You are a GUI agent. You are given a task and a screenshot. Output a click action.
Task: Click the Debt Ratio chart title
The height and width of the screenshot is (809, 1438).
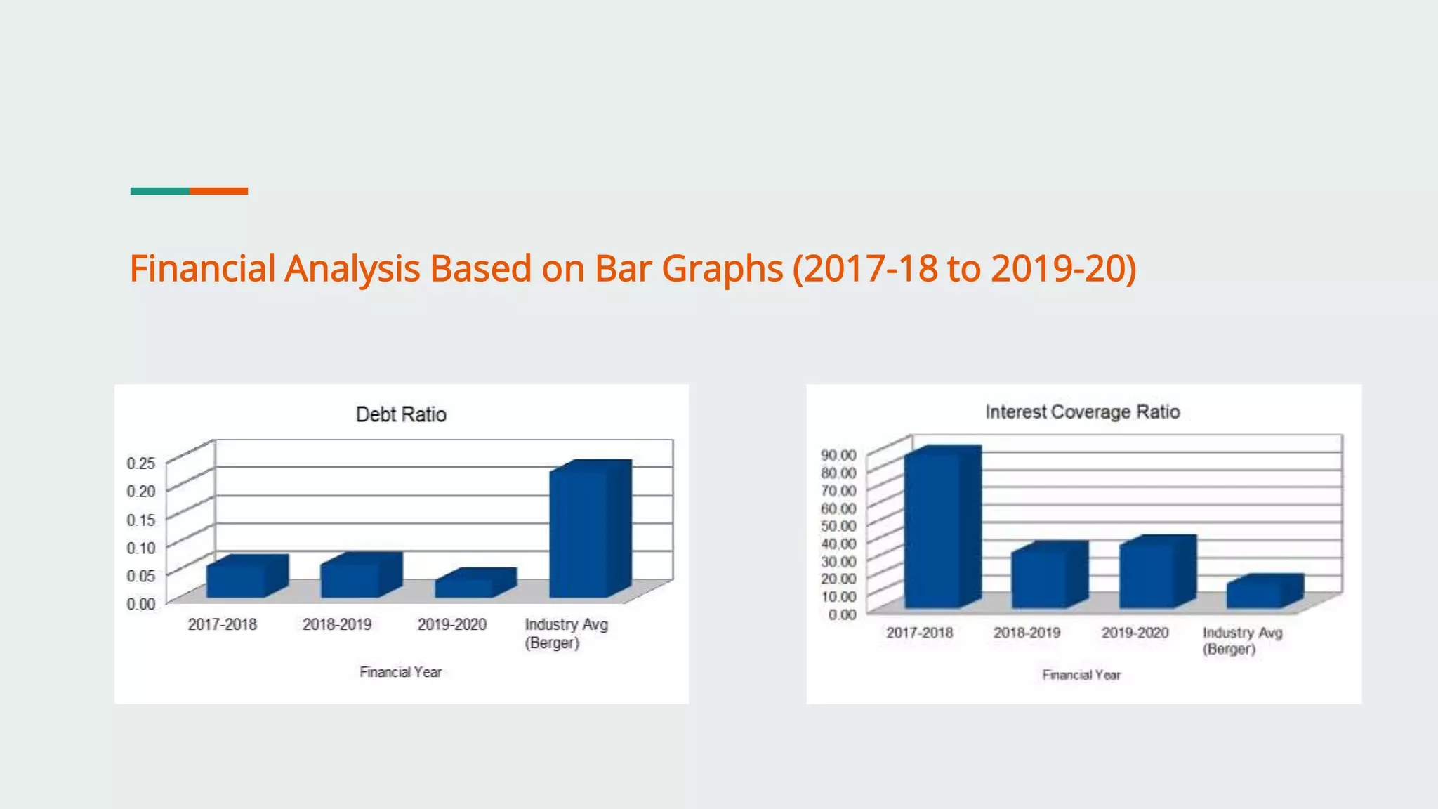pos(401,414)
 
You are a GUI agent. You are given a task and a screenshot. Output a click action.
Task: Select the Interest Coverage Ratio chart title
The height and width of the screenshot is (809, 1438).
pos(1082,412)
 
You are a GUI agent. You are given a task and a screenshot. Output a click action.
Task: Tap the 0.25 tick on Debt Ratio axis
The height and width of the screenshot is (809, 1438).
pos(140,463)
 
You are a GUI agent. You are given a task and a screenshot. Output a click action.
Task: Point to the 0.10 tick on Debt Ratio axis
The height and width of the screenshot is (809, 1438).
pos(140,547)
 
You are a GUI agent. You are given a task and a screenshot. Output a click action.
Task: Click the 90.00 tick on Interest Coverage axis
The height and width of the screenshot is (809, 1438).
pos(838,455)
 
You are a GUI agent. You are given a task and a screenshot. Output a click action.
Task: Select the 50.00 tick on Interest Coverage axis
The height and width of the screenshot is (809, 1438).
pos(838,525)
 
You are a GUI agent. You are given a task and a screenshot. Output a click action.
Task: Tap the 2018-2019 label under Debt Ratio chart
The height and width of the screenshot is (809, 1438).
pos(337,624)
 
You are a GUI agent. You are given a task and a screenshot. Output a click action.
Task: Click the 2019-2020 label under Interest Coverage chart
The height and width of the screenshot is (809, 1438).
pos(1135,633)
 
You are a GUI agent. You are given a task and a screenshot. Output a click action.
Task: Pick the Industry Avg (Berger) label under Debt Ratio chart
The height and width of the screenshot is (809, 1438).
pos(566,633)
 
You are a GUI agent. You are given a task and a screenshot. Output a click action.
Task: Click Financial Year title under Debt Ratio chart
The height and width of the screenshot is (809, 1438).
pos(400,672)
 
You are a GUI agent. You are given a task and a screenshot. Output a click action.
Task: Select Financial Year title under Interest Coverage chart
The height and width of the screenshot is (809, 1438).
pos(1081,675)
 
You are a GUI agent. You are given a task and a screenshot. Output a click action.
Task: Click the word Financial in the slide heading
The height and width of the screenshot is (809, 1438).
pos(202,268)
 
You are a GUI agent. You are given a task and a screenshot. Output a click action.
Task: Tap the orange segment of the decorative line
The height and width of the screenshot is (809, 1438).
pos(218,191)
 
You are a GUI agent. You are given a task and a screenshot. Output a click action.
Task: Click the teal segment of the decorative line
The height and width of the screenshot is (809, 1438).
pos(159,191)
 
